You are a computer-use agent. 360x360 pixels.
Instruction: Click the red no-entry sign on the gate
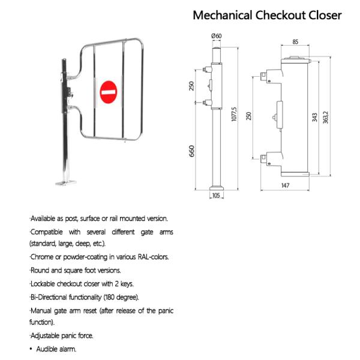(x=109, y=92)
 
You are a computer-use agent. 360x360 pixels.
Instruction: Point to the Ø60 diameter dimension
(x=217, y=37)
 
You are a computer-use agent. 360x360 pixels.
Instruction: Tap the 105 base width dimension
(x=217, y=195)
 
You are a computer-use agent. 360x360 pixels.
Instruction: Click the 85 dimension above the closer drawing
(x=296, y=41)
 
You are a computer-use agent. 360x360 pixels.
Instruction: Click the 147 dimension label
(x=285, y=186)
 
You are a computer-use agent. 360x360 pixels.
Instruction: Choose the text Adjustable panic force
(x=62, y=335)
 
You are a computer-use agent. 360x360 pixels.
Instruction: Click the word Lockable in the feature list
(x=44, y=283)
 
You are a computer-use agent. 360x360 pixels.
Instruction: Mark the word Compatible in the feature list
(x=48, y=232)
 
